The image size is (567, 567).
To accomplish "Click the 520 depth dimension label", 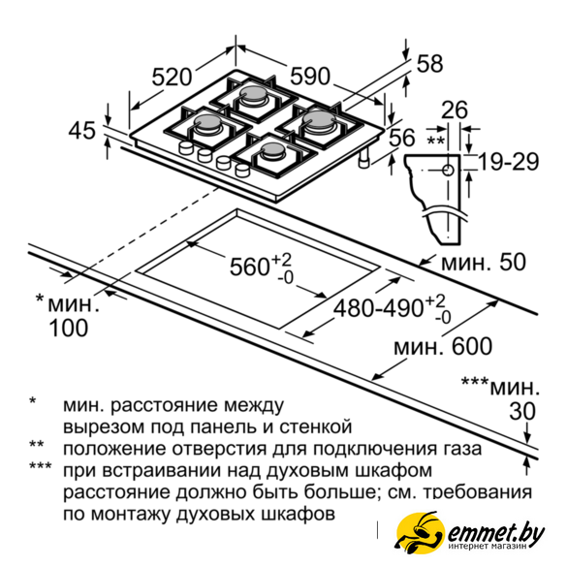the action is coord(172,77).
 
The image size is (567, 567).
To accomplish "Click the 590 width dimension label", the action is coord(310,77).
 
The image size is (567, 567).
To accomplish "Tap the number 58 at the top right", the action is coord(429,64).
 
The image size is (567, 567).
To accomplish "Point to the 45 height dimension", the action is coord(82,130).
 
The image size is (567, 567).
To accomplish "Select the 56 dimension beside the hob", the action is coord(401,138).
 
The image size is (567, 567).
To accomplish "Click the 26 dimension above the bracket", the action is coord(455,110).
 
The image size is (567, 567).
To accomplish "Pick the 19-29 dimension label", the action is coord(509,162).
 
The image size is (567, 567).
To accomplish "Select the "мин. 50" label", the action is coord(484,262).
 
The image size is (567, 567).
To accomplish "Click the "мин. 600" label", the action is coord(443,346).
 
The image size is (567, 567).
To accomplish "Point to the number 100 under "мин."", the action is coord(69,328).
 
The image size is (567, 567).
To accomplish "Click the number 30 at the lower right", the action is coord(522,411).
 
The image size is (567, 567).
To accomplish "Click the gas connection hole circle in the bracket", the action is coord(449,170).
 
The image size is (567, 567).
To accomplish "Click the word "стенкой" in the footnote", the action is coord(315,426).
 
